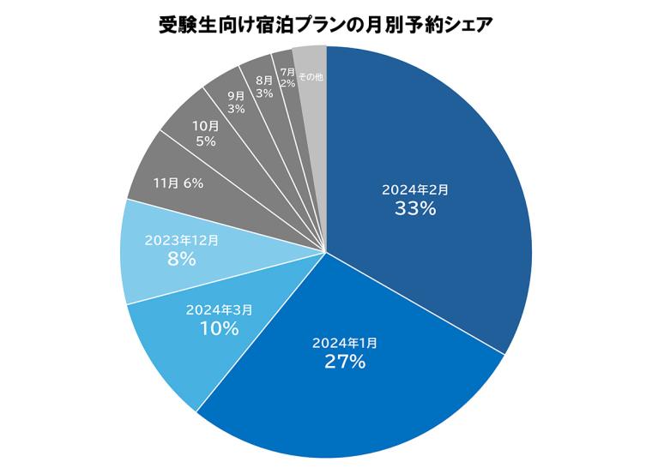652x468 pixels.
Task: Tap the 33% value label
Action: (x=416, y=208)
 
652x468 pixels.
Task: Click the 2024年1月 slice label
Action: (x=345, y=343)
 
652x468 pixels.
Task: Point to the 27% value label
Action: (x=345, y=362)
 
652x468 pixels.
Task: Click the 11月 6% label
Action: (x=178, y=183)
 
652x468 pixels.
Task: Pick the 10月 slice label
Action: (x=205, y=126)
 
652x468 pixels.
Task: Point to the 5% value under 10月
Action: (x=205, y=141)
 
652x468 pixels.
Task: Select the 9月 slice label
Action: (x=237, y=96)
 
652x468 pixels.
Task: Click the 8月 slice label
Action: (x=264, y=81)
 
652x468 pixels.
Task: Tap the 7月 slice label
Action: (x=287, y=72)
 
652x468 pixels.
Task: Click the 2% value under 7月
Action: (x=287, y=84)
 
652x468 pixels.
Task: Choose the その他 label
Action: (x=311, y=77)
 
